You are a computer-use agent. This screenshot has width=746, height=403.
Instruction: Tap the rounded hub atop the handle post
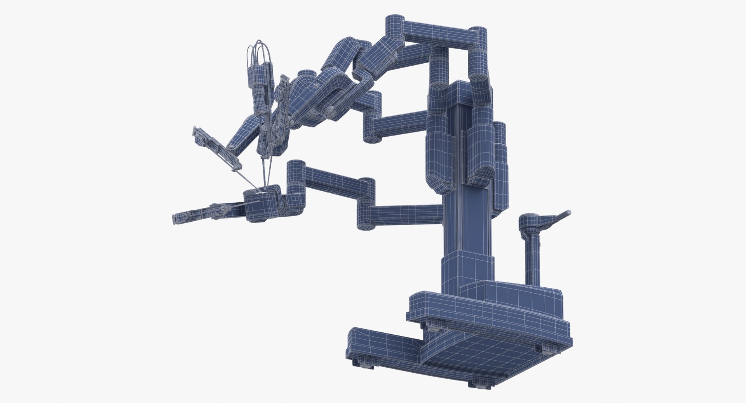tap(528, 222)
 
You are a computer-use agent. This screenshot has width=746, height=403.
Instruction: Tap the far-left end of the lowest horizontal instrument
tap(176, 219)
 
